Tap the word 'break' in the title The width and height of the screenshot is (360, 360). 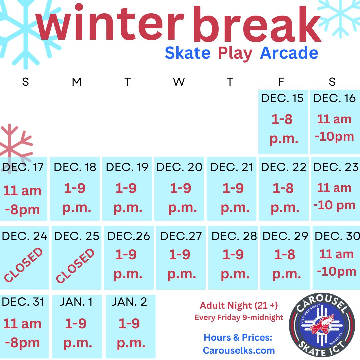pos(257,24)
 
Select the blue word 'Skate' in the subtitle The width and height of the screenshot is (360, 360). pos(188,53)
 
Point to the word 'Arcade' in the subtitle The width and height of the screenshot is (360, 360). pos(289,53)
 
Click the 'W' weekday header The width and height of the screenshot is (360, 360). pos(179,82)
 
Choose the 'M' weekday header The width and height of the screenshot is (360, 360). pos(77,82)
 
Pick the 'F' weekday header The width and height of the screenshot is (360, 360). pos(281,82)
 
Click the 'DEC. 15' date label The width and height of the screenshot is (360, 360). pos(282,98)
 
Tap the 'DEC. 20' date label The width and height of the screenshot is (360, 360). pos(179,167)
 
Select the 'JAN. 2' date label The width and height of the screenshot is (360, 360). pos(129,302)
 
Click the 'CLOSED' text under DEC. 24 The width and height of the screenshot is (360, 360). pos(23,265)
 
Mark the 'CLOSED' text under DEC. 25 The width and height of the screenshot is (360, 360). pos(75,266)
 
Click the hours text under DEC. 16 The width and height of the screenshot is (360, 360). pos(334,128)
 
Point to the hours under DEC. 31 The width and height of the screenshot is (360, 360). pos(22,333)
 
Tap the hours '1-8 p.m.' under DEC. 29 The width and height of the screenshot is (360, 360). pos(286,264)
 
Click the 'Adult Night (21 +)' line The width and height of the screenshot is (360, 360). pos(239,305)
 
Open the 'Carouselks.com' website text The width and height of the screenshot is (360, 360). pos(239,350)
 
